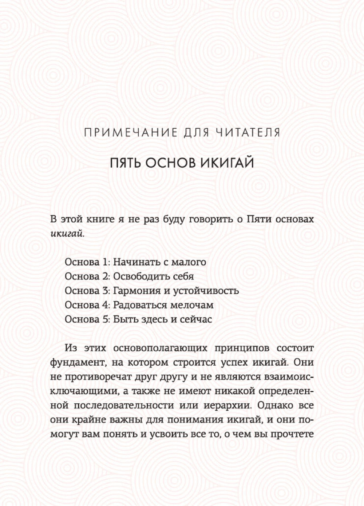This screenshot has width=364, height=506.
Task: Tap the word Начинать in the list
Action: click(x=134, y=262)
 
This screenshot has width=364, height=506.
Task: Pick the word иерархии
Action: click(x=228, y=405)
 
